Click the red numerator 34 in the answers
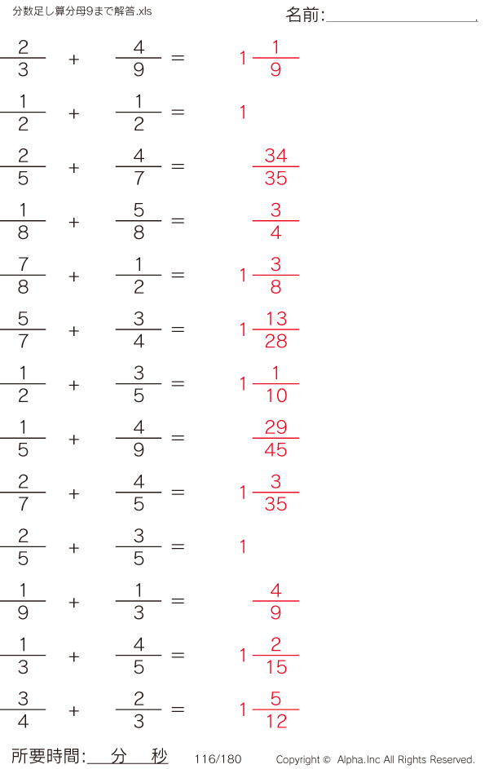(x=275, y=156)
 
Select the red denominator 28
(x=275, y=341)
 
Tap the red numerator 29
(x=275, y=427)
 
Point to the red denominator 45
(x=275, y=449)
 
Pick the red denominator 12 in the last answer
(x=276, y=721)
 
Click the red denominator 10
(x=276, y=396)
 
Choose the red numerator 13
(x=276, y=319)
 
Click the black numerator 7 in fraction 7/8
(x=23, y=264)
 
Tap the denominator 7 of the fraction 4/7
(x=139, y=178)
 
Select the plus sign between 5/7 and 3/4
(x=74, y=331)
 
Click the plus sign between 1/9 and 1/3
(x=74, y=603)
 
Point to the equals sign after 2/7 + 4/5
(x=178, y=493)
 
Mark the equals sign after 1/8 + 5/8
(x=178, y=221)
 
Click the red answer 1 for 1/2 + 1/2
(x=243, y=113)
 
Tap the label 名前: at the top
(x=305, y=15)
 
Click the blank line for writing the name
(x=401, y=21)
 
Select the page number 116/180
(x=218, y=759)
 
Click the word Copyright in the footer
(x=298, y=760)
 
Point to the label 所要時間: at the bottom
(x=48, y=756)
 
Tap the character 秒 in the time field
(x=159, y=756)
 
